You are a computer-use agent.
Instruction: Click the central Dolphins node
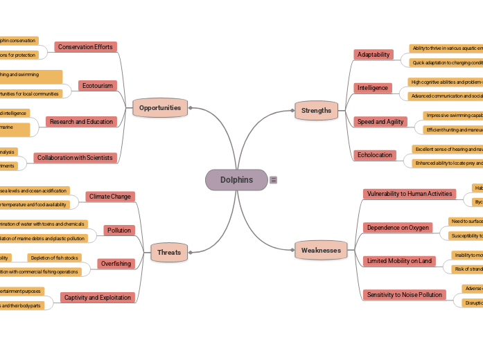pos(236,180)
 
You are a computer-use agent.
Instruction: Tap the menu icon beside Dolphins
pos(274,180)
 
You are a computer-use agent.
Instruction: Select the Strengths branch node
pos(316,110)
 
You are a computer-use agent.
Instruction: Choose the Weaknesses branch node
pos(321,251)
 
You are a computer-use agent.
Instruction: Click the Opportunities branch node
pos(160,108)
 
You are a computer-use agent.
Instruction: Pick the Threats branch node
pos(169,253)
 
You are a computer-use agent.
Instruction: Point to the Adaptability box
pos(374,55)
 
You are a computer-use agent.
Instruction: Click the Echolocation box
pos(375,155)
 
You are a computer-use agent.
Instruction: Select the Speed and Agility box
pos(380,122)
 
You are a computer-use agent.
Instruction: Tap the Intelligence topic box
pos(373,88)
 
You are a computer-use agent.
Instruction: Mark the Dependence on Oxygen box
pos(398,228)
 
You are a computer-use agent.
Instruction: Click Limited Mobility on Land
pos(399,261)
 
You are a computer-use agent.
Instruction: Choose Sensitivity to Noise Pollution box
pos(405,295)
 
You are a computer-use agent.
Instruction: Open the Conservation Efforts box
pos(85,47)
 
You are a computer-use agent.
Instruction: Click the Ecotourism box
pos(97,86)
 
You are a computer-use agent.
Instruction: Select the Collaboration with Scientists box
pos(75,158)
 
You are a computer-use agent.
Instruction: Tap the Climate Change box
pos(109,197)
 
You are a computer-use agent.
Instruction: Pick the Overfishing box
pos(116,264)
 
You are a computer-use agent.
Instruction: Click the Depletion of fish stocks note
pos(55,258)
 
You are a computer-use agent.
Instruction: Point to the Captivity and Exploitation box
pos(97,298)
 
